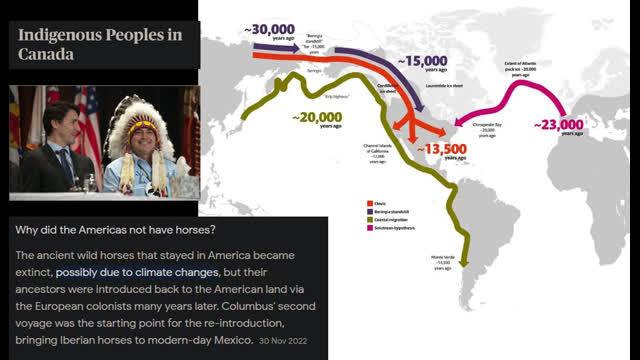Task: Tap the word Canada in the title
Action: (46, 56)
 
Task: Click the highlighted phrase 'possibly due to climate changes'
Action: (137, 271)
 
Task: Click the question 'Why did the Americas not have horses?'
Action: (119, 229)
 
